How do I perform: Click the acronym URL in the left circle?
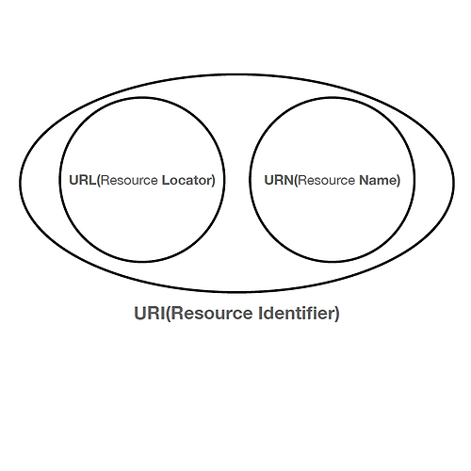[x=83, y=180]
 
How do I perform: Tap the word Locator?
[x=187, y=180]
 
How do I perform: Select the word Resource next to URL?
[x=129, y=180]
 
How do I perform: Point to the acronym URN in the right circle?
[x=279, y=180]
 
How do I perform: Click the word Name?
[x=378, y=180]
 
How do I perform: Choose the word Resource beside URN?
[x=326, y=180]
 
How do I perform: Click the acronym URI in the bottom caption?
[x=150, y=313]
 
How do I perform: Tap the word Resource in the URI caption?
[x=212, y=313]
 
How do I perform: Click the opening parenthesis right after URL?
[x=99, y=181]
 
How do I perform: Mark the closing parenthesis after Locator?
[x=213, y=181]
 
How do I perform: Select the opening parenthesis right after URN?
[x=296, y=181]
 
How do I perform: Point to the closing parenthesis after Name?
[x=398, y=181]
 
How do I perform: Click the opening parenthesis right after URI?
[x=168, y=314]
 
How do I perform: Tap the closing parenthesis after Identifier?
[x=337, y=314]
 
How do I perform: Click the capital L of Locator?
[x=166, y=180]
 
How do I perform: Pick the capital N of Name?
[x=364, y=180]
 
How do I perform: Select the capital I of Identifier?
[x=260, y=313]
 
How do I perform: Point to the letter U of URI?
[x=140, y=313]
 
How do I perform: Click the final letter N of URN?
[x=288, y=180]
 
